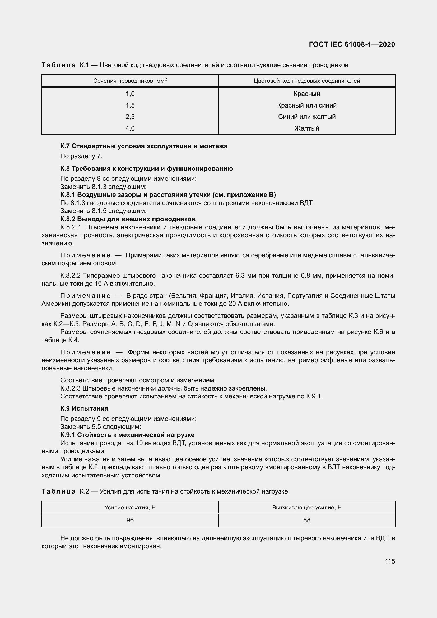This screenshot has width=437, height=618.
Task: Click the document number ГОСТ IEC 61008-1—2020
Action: click(352, 44)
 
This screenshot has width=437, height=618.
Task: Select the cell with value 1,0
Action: click(130, 94)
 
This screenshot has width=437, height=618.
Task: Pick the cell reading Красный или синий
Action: click(307, 105)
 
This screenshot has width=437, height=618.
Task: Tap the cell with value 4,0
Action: click(130, 128)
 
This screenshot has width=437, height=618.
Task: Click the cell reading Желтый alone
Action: click(307, 128)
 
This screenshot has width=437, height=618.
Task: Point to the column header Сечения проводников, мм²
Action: click(130, 81)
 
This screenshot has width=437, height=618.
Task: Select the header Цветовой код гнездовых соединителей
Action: click(307, 81)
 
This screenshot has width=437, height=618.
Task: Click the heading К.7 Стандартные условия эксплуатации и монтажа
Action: click(144, 146)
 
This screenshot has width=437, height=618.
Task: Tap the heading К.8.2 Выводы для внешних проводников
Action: click(128, 219)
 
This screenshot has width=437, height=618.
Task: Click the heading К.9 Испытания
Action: click(84, 408)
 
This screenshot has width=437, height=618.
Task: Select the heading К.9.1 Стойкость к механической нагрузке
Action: click(127, 435)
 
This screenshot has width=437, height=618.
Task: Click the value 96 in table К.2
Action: click(130, 520)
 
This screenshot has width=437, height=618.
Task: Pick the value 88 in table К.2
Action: click(307, 520)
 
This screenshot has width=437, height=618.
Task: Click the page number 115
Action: click(390, 561)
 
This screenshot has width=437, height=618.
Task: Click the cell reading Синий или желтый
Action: click(307, 117)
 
